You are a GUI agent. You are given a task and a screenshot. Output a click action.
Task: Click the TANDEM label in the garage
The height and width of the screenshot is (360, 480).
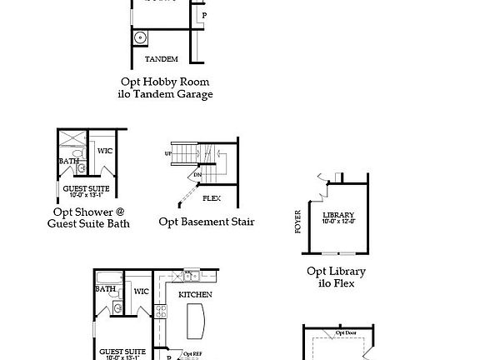click(x=161, y=59)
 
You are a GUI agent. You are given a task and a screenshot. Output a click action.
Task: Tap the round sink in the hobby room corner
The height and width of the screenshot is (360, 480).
click(x=140, y=37)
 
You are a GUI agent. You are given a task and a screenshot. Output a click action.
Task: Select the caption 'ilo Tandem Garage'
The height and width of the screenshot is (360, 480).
click(x=165, y=94)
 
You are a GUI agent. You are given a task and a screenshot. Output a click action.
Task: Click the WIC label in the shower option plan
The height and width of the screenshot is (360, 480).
click(x=104, y=151)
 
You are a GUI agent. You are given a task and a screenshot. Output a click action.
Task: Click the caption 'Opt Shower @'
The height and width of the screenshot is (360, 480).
click(x=87, y=212)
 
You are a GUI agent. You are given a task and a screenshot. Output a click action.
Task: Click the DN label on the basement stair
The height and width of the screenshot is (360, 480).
click(x=197, y=176)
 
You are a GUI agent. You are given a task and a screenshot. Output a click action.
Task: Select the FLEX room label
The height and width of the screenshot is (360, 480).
click(x=212, y=198)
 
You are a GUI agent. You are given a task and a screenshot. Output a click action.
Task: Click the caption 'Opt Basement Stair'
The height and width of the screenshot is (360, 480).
click(x=207, y=222)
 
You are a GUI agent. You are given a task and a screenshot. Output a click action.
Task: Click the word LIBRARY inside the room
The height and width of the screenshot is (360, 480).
click(x=337, y=214)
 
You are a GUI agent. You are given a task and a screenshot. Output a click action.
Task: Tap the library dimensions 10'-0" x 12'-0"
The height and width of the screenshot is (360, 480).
click(x=337, y=222)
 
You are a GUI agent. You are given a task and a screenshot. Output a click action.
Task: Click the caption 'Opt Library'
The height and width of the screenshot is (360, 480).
click(x=336, y=271)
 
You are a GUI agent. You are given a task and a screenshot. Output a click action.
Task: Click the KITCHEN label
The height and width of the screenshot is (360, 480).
click(x=194, y=294)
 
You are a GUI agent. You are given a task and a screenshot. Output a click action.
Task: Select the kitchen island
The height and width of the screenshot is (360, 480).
click(x=197, y=319)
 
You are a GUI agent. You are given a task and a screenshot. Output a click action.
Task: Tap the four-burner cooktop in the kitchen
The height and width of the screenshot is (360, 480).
click(x=192, y=275)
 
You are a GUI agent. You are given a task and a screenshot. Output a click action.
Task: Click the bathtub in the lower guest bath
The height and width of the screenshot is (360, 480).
click(x=106, y=277)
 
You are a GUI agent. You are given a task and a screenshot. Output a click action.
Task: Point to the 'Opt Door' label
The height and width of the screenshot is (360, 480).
click(x=347, y=332)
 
